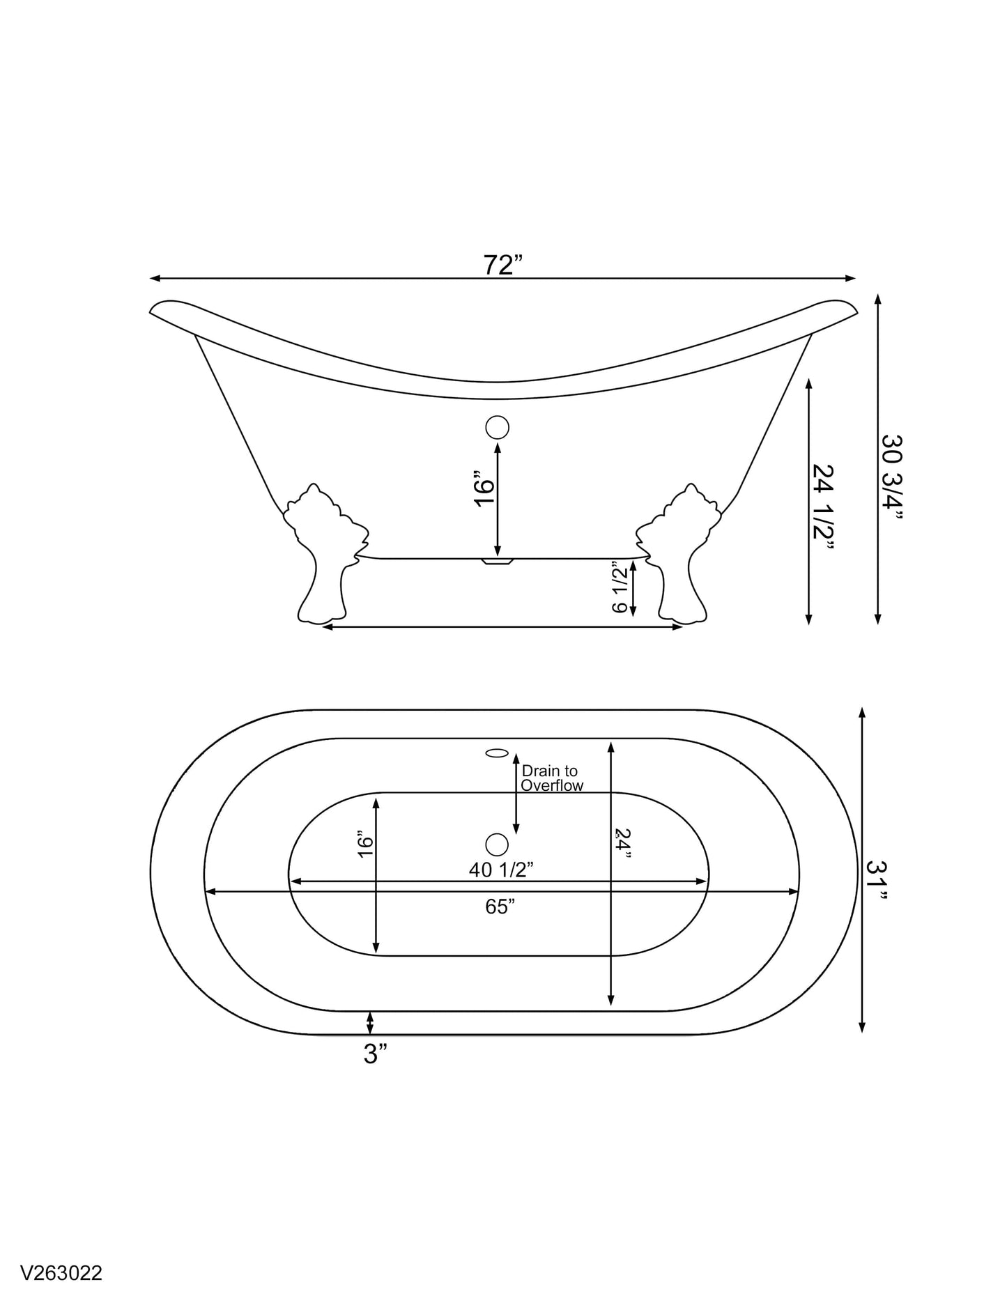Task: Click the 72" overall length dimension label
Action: pos(503,265)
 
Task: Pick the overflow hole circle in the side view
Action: pos(497,427)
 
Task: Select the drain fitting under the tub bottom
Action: pos(498,560)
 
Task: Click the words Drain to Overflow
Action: pos(552,778)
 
